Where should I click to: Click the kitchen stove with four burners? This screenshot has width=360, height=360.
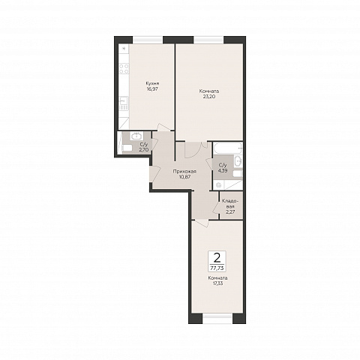point(124,69)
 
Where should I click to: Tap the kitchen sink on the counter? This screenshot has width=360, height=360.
point(124,103)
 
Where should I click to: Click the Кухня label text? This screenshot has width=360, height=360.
point(153,83)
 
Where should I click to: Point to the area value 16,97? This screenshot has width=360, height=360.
point(153,88)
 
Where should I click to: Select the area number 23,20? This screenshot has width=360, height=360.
point(209,96)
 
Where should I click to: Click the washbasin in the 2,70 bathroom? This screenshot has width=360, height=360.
point(136,136)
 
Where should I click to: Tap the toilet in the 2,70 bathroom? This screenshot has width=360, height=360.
point(127,148)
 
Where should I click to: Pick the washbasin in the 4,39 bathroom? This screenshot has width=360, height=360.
point(238,161)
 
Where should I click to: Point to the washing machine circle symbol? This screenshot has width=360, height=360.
point(219,185)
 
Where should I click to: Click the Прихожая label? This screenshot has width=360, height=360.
point(184,172)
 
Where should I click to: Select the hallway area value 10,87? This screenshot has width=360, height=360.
point(184,177)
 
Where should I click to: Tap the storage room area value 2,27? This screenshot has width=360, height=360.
point(229,212)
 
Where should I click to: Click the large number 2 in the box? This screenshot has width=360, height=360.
point(217,258)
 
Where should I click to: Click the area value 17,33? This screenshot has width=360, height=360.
point(217,283)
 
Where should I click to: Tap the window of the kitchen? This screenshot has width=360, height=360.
point(148,40)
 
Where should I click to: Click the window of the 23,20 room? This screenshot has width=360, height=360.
point(208,40)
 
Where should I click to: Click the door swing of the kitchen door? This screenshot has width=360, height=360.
point(163,127)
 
